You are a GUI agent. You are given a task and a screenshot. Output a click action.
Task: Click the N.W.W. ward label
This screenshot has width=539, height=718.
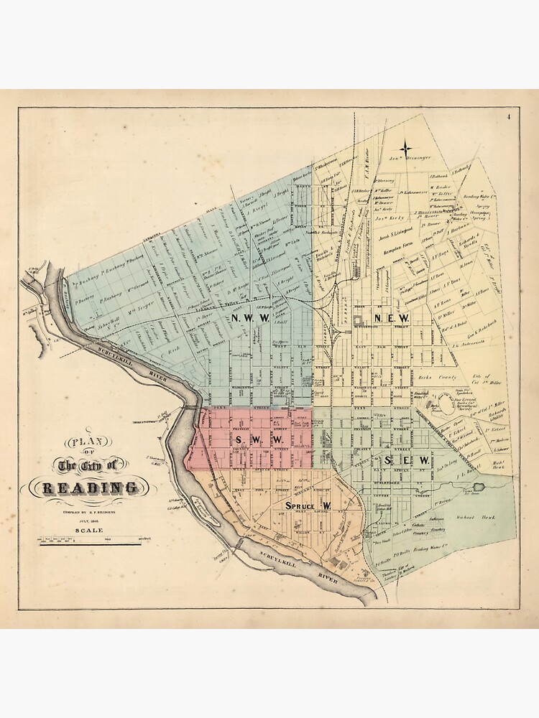[x=250, y=317]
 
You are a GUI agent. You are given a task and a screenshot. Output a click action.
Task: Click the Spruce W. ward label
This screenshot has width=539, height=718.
[x=308, y=507]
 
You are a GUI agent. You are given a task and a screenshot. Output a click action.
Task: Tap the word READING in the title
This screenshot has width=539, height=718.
[x=91, y=488]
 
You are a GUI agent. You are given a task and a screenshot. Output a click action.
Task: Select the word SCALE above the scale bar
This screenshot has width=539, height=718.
[x=86, y=531]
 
